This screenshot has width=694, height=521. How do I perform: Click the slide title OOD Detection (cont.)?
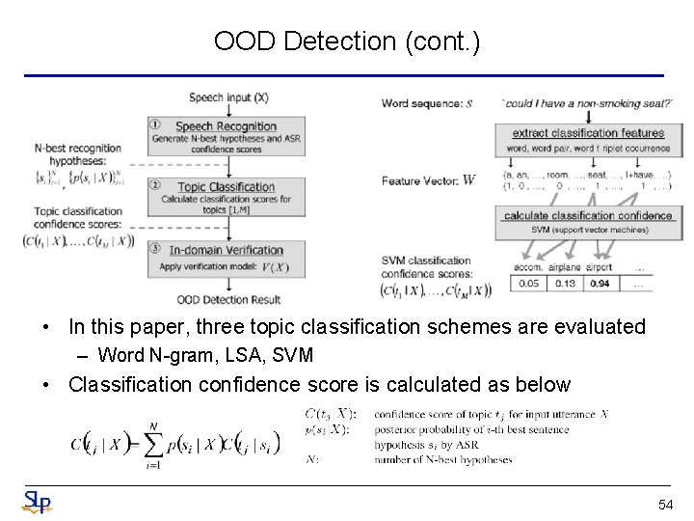(x=347, y=41)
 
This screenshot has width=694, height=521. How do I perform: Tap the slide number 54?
(x=665, y=505)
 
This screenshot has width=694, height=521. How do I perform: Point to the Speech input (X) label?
(x=228, y=97)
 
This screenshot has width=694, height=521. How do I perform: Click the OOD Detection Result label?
(x=228, y=300)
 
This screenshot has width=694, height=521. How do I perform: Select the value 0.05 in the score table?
(x=528, y=284)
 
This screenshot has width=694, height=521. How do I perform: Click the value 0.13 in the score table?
(x=566, y=284)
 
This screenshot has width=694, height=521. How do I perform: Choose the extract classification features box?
(x=588, y=133)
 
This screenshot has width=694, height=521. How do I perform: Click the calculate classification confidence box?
(x=588, y=215)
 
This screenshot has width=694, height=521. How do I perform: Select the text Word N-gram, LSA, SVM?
(x=205, y=355)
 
